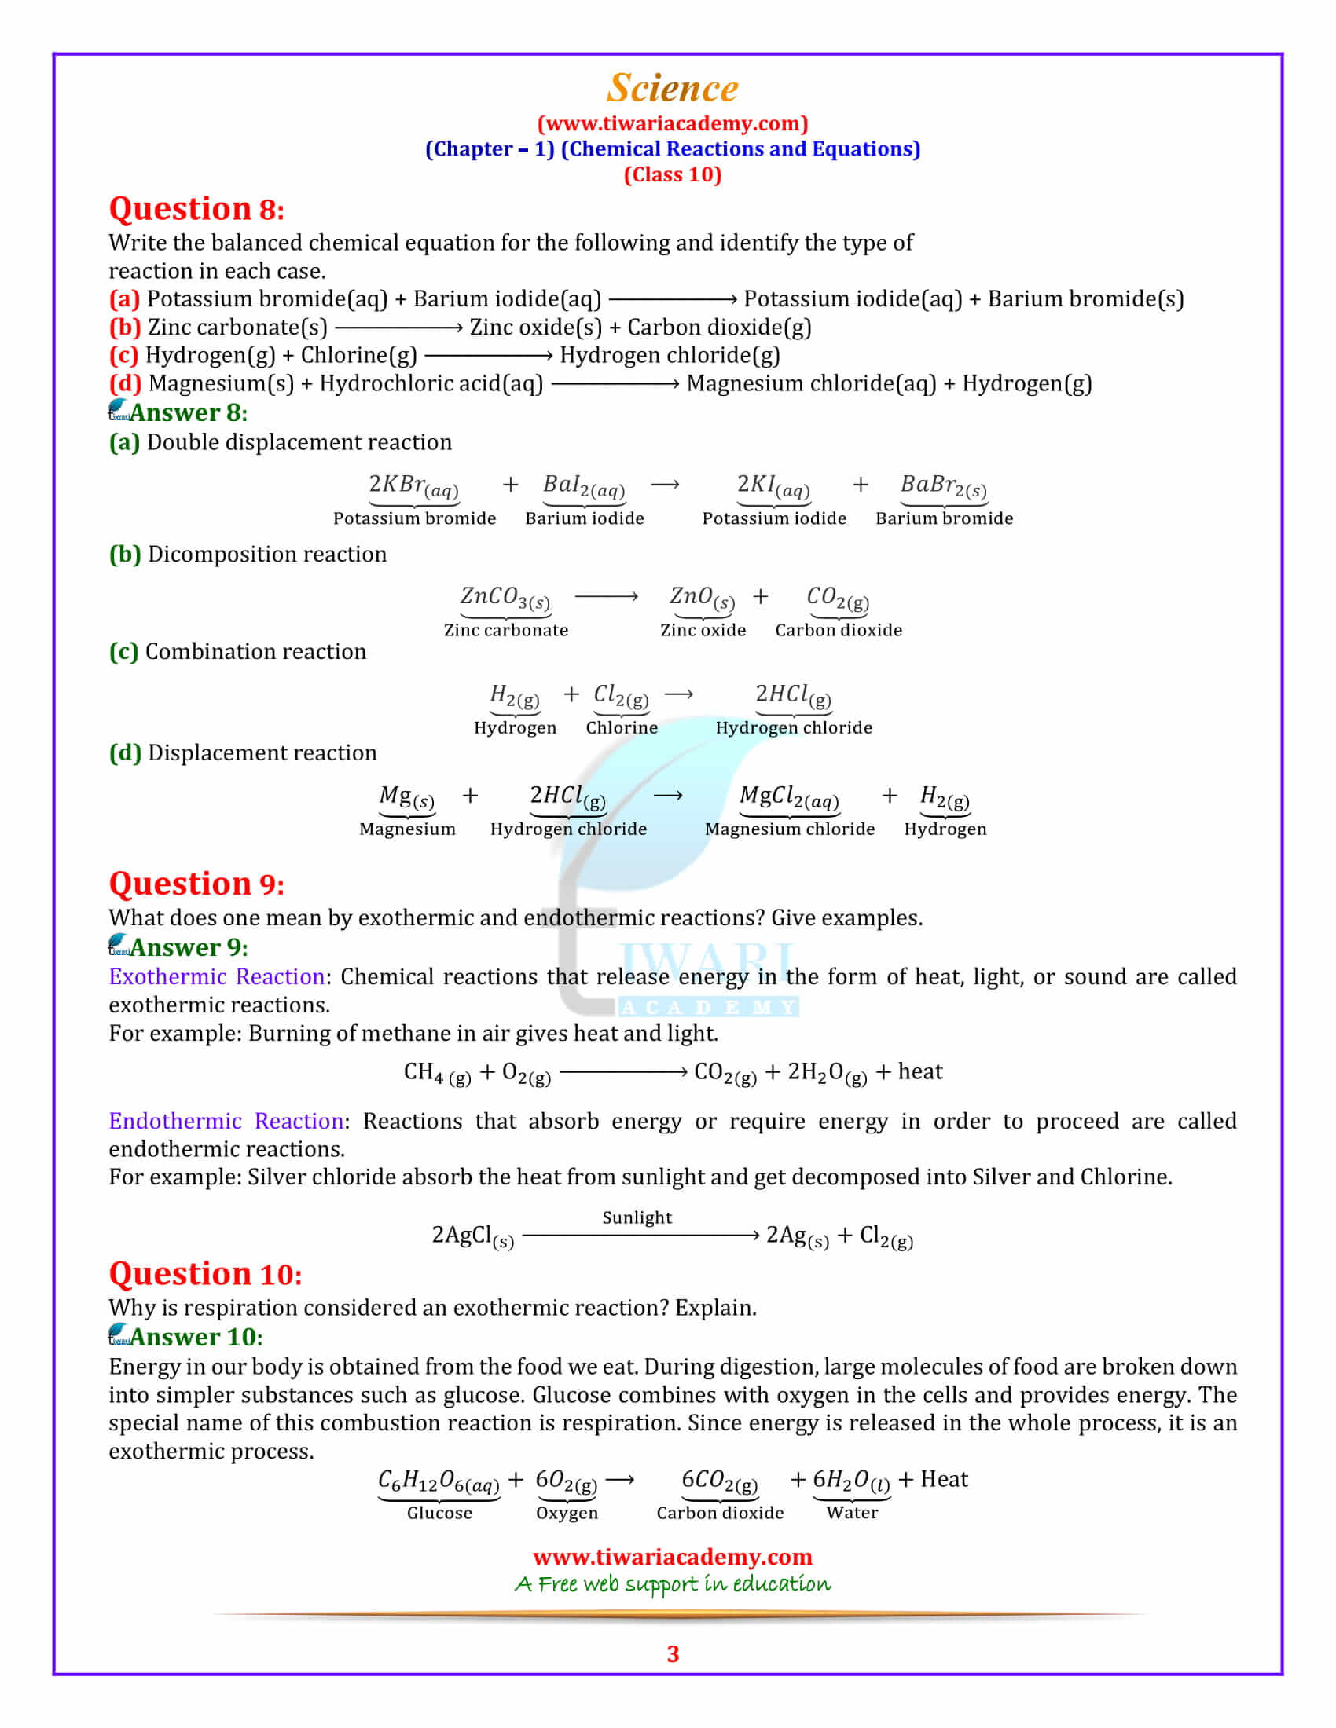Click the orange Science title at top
coord(672,89)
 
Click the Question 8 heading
coord(196,209)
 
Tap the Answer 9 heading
coord(189,947)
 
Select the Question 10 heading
coord(205,1273)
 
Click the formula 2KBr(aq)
coord(413,485)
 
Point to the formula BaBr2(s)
coord(943,485)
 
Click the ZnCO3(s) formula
coord(505,598)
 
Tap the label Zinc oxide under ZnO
coord(703,630)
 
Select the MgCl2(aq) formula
coord(789,796)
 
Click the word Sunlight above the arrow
coord(637,1217)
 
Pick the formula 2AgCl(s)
coord(472,1236)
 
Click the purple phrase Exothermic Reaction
coord(217,976)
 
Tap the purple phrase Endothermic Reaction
coord(226,1121)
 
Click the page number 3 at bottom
coord(673,1654)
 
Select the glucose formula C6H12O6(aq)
coord(439,1481)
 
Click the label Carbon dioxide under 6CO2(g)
coord(719,1513)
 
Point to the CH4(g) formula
coord(437,1072)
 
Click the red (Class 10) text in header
coord(672,174)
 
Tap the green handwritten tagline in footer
coord(672,1584)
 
